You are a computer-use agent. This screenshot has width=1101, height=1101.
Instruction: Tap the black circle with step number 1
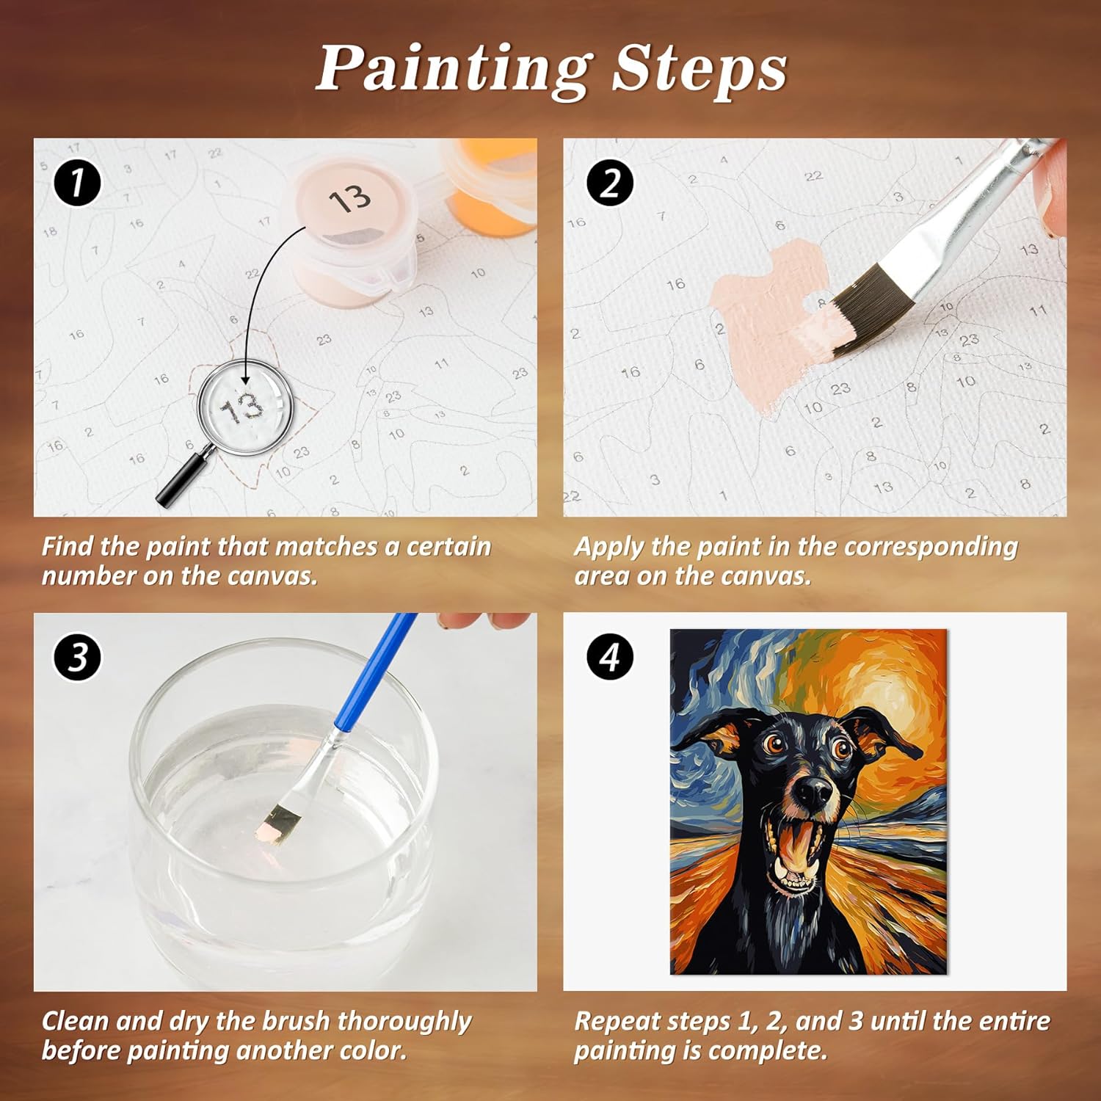pyautogui.click(x=78, y=182)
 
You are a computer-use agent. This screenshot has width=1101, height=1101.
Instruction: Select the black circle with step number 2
pyautogui.click(x=610, y=183)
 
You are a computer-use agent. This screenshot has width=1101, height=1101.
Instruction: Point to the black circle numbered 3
pyautogui.click(x=78, y=656)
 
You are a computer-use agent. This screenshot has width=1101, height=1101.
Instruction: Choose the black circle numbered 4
pyautogui.click(x=610, y=656)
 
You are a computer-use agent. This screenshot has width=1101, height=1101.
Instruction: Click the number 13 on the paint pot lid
pyautogui.click(x=350, y=198)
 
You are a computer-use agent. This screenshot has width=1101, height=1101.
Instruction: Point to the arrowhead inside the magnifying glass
pyautogui.click(x=244, y=379)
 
